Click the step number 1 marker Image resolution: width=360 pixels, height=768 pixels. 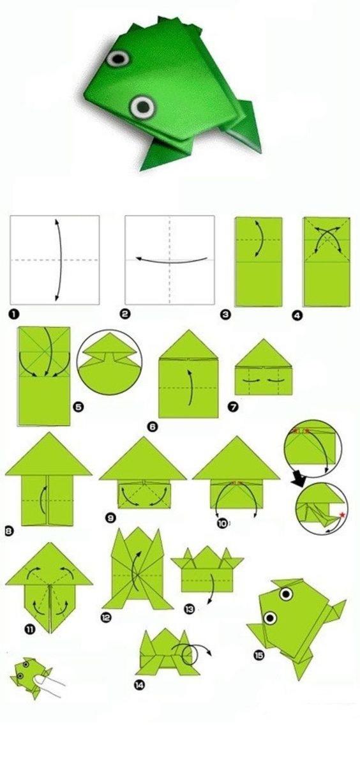pyautogui.click(x=14, y=314)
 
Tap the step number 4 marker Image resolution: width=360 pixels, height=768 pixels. pyautogui.click(x=297, y=315)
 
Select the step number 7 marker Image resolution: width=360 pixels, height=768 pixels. pyautogui.click(x=233, y=407)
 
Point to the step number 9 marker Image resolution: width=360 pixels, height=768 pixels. pyautogui.click(x=110, y=518)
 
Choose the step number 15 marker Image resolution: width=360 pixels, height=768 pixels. pyautogui.click(x=259, y=655)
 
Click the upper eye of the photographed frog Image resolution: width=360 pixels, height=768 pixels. pyautogui.click(x=118, y=59)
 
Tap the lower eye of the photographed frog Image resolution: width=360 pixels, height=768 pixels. pyautogui.click(x=142, y=107)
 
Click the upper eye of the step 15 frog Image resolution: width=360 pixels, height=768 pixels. pyautogui.click(x=286, y=594)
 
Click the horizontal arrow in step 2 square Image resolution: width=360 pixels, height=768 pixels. pyautogui.click(x=172, y=260)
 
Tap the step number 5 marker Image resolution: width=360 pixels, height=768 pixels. pyautogui.click(x=78, y=407)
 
